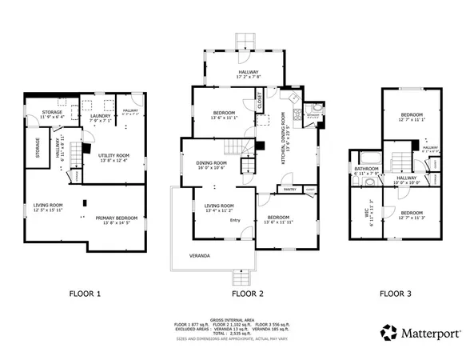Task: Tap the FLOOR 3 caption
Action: coord(395,294)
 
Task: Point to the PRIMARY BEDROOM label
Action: coord(117,218)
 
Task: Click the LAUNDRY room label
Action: coord(100,114)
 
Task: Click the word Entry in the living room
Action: coord(235,220)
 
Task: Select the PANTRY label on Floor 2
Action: coord(287,189)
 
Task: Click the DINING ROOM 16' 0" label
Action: coord(211,164)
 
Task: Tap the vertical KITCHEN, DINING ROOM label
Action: coord(285,132)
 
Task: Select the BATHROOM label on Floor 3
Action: coord(366,169)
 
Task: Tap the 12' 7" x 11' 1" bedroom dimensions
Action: coord(412,118)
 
